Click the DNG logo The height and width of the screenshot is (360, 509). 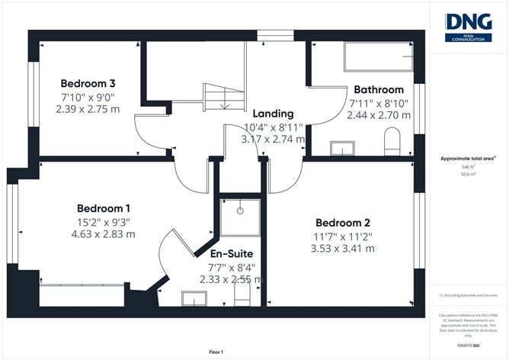coord(468,27)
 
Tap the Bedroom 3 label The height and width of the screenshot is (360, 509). coord(88,82)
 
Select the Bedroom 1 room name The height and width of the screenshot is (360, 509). coord(104,208)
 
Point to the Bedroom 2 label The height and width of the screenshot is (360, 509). coord(340,223)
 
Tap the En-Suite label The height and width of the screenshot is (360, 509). coord(232,254)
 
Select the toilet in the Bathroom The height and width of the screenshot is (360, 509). coord(392,141)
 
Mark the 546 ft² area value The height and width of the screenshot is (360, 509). coord(468,166)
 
